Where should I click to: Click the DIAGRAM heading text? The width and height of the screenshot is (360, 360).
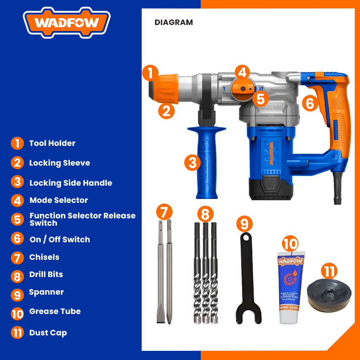tap(174, 22)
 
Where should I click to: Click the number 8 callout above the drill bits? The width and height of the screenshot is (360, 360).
tap(205, 214)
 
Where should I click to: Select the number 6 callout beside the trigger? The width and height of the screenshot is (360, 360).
tap(309, 103)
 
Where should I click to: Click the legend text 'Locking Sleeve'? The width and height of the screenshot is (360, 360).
tap(59, 163)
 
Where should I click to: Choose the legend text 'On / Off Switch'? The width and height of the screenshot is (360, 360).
tap(60, 240)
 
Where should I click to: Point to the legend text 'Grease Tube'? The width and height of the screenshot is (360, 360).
tap(55, 311)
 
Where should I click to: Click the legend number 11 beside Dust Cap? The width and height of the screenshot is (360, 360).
tap(17, 333)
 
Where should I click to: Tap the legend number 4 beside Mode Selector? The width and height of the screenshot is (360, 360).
tap(17, 200)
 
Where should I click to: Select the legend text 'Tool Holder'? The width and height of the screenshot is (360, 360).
tap(52, 143)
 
